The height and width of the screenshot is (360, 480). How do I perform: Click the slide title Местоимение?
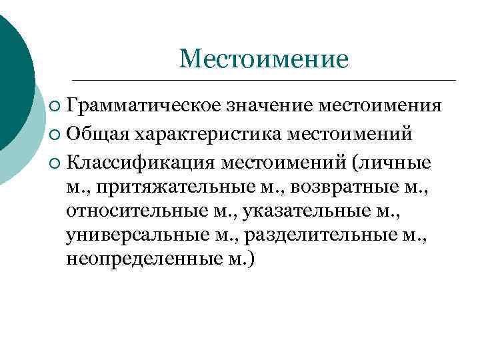(x=263, y=59)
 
